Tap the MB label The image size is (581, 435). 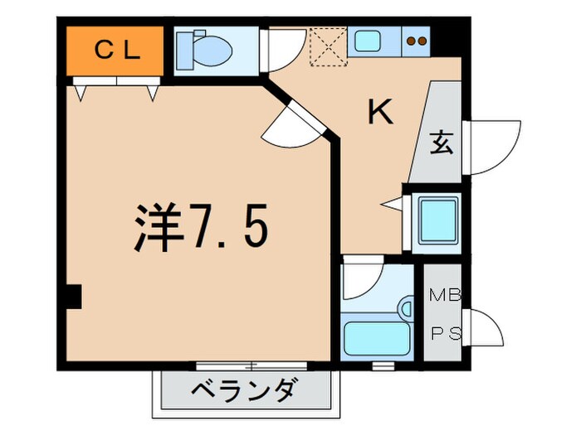click(439, 293)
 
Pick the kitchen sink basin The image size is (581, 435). click(367, 41)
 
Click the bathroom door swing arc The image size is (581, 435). click(364, 281)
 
